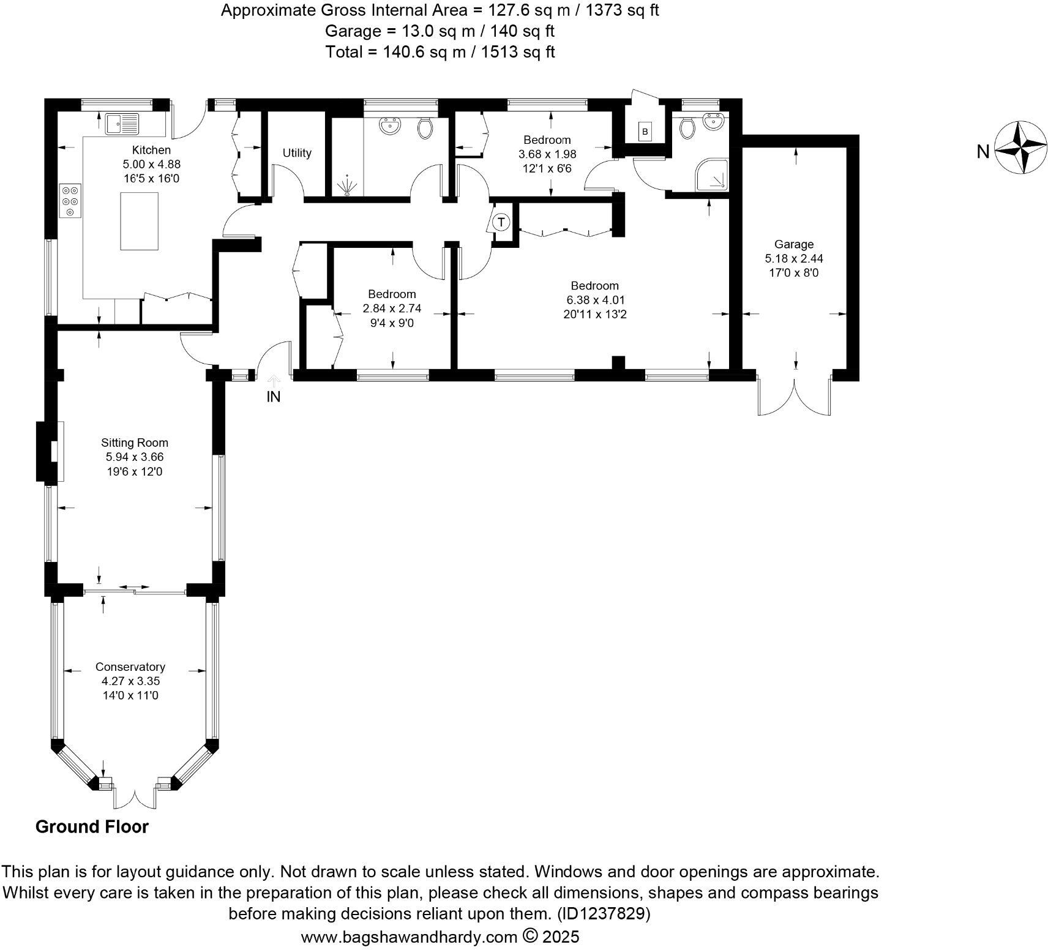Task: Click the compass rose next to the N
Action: pyautogui.click(x=1020, y=148)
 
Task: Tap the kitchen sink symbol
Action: pyautogui.click(x=122, y=124)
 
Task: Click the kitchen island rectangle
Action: pyautogui.click(x=139, y=221)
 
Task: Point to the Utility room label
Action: pyautogui.click(x=297, y=153)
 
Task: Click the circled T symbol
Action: pyautogui.click(x=501, y=222)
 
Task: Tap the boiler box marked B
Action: pyautogui.click(x=644, y=132)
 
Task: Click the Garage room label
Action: pyautogui.click(x=793, y=244)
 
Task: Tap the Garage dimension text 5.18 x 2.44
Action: pyautogui.click(x=793, y=258)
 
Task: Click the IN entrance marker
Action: pyautogui.click(x=273, y=397)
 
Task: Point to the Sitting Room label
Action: pyautogui.click(x=135, y=443)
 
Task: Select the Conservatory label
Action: pyautogui.click(x=130, y=667)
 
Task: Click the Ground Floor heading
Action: pyautogui.click(x=92, y=827)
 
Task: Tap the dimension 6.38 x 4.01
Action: pyautogui.click(x=594, y=300)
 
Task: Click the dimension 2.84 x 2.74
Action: pyautogui.click(x=392, y=309)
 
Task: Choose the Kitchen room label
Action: pyautogui.click(x=151, y=150)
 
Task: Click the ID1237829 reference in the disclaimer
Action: pyautogui.click(x=603, y=914)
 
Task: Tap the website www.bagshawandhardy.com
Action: pyautogui.click(x=409, y=937)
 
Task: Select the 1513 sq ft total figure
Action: pyautogui.click(x=518, y=52)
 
